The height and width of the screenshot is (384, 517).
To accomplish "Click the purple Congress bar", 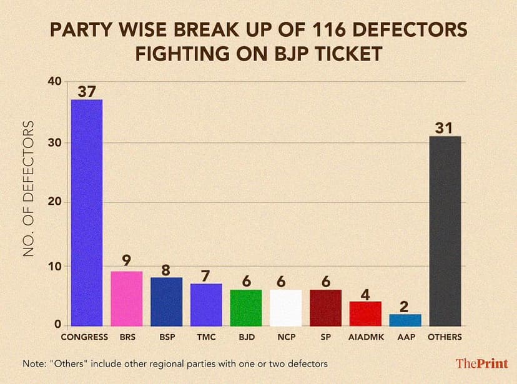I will click(x=87, y=212).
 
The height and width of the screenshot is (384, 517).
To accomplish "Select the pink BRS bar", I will click(x=127, y=298).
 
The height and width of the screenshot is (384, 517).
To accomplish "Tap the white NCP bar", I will click(x=286, y=308).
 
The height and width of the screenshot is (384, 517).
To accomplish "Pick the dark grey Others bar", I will click(x=445, y=231).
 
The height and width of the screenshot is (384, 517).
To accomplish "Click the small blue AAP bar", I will click(x=405, y=320).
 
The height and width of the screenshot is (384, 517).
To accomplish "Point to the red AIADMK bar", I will click(x=365, y=313).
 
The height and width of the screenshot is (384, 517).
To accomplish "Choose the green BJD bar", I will click(x=246, y=308).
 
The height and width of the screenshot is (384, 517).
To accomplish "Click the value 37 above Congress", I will click(x=87, y=91).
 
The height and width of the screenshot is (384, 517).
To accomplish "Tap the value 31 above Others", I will click(x=445, y=127).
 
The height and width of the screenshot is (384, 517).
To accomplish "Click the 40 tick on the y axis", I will click(x=55, y=82).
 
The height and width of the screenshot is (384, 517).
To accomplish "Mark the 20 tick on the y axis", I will click(x=55, y=202).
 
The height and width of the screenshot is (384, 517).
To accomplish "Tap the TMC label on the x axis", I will click(x=206, y=337).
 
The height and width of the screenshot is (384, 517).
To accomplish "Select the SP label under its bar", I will click(x=325, y=337).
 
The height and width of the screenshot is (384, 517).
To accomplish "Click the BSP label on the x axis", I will click(x=166, y=337).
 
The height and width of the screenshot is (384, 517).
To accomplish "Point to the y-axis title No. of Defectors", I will click(x=28, y=189).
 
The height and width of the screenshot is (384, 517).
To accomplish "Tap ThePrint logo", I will click(x=481, y=363).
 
